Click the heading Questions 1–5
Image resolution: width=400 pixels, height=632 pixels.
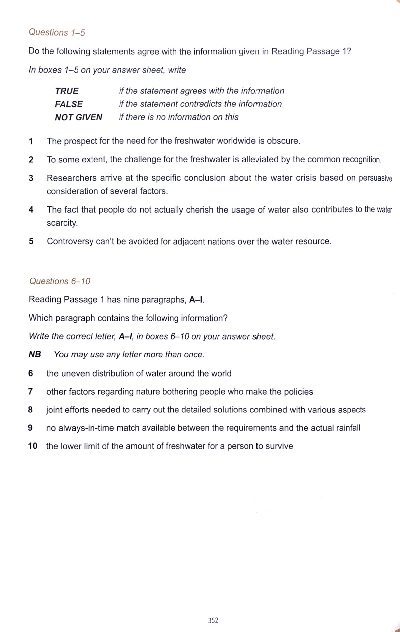[x=57, y=33]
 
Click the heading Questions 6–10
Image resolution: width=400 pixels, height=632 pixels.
[x=59, y=281]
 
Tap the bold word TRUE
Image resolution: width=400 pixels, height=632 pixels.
[x=67, y=91]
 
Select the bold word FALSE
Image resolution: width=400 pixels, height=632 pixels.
[x=69, y=104]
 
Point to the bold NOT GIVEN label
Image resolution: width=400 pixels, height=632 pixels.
[x=78, y=117]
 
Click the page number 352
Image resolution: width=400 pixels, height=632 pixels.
[x=213, y=620]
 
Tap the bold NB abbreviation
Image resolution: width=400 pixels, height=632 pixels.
[x=35, y=354]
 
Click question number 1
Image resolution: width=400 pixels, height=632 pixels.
[x=31, y=141]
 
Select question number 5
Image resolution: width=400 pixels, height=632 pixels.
[x=31, y=241]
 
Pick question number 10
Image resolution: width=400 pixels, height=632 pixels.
[x=33, y=446]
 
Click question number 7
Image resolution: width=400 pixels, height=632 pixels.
[x=31, y=392]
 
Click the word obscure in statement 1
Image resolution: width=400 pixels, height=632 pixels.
[x=284, y=141]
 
